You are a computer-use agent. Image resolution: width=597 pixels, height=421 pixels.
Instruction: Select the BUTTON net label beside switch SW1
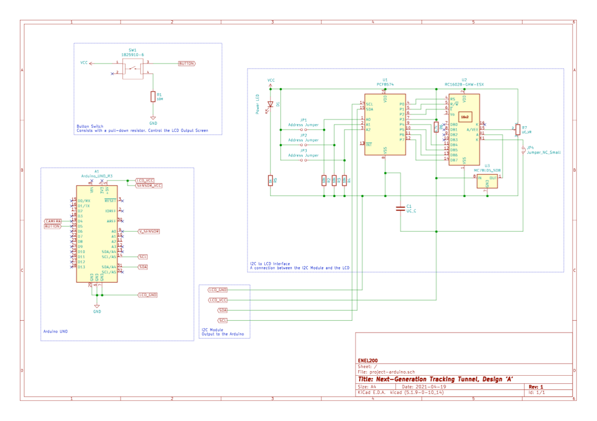[186, 64]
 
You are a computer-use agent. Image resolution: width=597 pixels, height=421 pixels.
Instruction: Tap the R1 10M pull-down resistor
[152, 97]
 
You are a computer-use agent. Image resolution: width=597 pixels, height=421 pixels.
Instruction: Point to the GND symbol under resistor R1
[153, 118]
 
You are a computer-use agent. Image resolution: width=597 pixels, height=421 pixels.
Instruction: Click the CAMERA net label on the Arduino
[52, 221]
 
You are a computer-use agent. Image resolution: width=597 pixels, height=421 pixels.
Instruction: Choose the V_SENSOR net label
[149, 231]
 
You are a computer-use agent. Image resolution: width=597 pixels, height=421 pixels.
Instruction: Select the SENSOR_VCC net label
[149, 186]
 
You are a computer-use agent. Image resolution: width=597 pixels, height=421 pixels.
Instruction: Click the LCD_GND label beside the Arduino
[148, 295]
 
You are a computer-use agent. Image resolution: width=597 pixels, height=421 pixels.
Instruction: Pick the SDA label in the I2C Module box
[223, 310]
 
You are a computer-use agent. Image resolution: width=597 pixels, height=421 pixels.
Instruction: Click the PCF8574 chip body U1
[385, 125]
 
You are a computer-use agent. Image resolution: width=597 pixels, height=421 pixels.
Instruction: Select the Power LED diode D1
[270, 104]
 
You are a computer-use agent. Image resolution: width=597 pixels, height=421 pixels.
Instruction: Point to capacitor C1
[401, 208]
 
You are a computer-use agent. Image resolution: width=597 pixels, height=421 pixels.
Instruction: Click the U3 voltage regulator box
[487, 181]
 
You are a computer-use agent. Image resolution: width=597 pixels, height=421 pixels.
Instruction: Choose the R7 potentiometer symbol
[518, 130]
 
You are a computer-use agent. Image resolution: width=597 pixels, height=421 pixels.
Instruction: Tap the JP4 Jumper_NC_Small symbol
[523, 150]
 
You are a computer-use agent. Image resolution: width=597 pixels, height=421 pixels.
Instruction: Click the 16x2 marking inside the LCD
[465, 116]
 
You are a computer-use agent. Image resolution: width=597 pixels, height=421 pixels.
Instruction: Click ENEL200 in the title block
[368, 360]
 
